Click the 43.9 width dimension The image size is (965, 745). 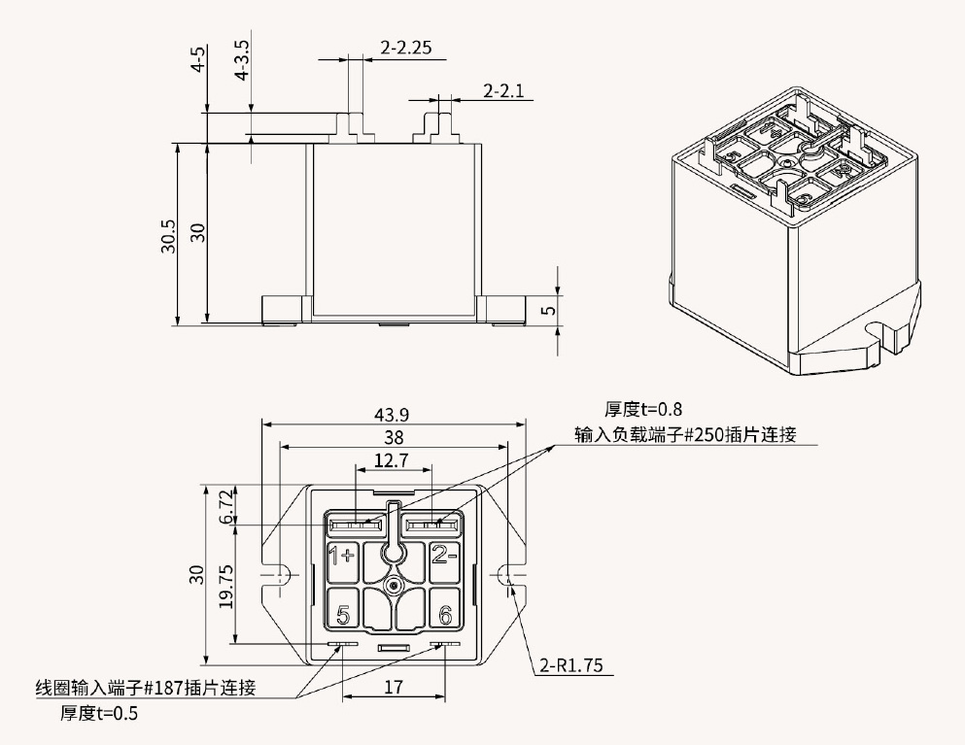[x=392, y=413]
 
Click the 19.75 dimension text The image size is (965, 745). [x=226, y=586]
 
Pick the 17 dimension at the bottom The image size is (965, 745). [x=394, y=687]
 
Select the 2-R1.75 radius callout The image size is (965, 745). [x=571, y=665]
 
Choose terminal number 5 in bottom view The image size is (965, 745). [x=342, y=615]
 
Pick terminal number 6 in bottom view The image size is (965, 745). [x=444, y=615]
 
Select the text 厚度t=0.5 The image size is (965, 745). [x=98, y=713]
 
